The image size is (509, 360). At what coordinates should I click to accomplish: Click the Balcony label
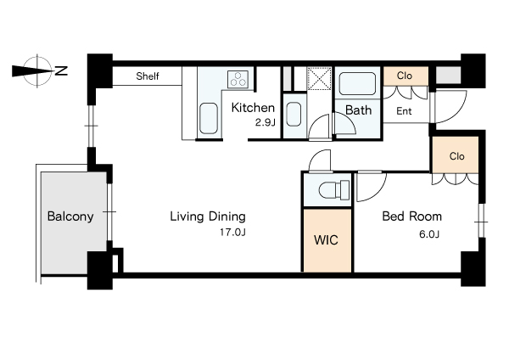(x=70, y=217)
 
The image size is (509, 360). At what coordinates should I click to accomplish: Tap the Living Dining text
(x=208, y=217)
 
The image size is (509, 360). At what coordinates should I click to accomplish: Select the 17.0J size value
(x=232, y=233)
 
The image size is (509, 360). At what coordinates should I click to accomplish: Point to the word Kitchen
(x=253, y=108)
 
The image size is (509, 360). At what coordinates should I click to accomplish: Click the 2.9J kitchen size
(x=266, y=122)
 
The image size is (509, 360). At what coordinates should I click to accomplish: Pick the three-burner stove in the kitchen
(x=238, y=79)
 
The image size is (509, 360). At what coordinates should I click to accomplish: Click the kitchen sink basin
(x=209, y=118)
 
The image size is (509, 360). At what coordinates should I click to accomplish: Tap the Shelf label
(x=148, y=76)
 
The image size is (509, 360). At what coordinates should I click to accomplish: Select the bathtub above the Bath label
(x=357, y=83)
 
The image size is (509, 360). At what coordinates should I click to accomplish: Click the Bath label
(x=358, y=110)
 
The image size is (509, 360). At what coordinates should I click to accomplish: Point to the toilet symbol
(x=334, y=189)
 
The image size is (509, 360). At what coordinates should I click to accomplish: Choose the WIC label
(x=326, y=240)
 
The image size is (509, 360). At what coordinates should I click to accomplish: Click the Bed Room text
(x=412, y=217)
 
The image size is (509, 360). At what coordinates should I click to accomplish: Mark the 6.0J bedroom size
(x=429, y=234)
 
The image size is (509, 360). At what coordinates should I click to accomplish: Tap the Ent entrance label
(x=404, y=111)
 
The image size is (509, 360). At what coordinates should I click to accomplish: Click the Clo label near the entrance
(x=405, y=76)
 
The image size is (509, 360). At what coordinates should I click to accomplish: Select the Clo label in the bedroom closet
(x=456, y=156)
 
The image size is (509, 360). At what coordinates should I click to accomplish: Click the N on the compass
(x=61, y=70)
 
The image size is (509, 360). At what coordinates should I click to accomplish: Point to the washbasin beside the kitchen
(x=294, y=114)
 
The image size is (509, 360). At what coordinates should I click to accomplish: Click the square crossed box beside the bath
(x=320, y=79)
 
